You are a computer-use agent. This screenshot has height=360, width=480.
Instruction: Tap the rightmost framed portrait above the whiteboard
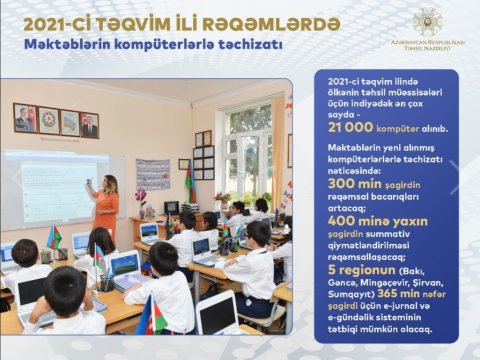[x=90, y=124]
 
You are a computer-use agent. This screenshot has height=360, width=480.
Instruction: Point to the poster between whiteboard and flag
[x=152, y=173]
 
